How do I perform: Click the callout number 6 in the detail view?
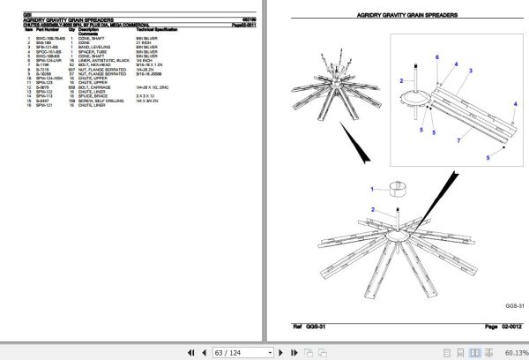coord(436,57)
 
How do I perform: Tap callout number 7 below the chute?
coord(458,139)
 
